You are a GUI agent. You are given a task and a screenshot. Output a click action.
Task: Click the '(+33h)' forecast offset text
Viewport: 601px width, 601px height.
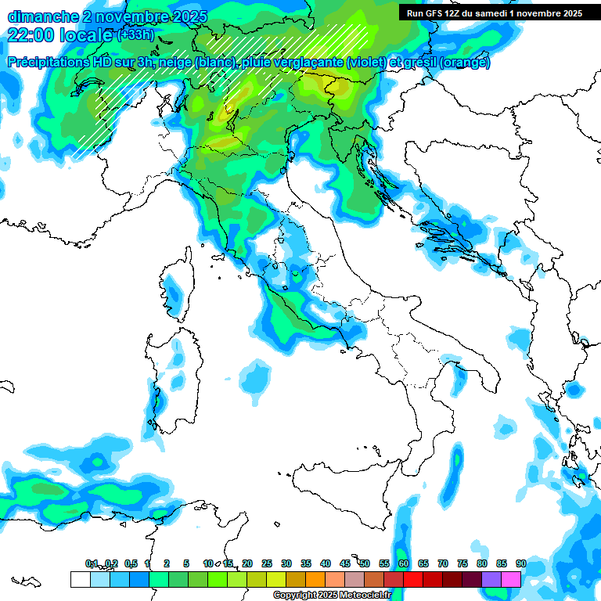[x=135, y=35]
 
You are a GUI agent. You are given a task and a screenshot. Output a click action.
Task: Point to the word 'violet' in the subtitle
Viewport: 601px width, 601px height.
[x=362, y=63]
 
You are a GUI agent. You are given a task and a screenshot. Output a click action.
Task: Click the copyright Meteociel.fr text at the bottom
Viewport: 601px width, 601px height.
[x=332, y=596]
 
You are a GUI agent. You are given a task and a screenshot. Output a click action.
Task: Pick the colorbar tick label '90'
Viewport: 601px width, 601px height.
[x=520, y=563]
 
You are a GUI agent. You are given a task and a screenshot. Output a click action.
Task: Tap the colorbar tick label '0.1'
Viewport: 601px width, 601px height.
[x=92, y=563]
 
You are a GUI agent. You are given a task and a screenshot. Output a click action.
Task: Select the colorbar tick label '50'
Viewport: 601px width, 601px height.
[x=365, y=563]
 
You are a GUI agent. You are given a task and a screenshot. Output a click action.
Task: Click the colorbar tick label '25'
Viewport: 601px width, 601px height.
[x=267, y=563]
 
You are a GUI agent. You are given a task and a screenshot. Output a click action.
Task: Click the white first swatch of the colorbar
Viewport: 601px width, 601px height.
[x=80, y=579]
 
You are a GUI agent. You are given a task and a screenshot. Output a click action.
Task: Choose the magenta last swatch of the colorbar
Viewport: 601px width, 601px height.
[x=511, y=579]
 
